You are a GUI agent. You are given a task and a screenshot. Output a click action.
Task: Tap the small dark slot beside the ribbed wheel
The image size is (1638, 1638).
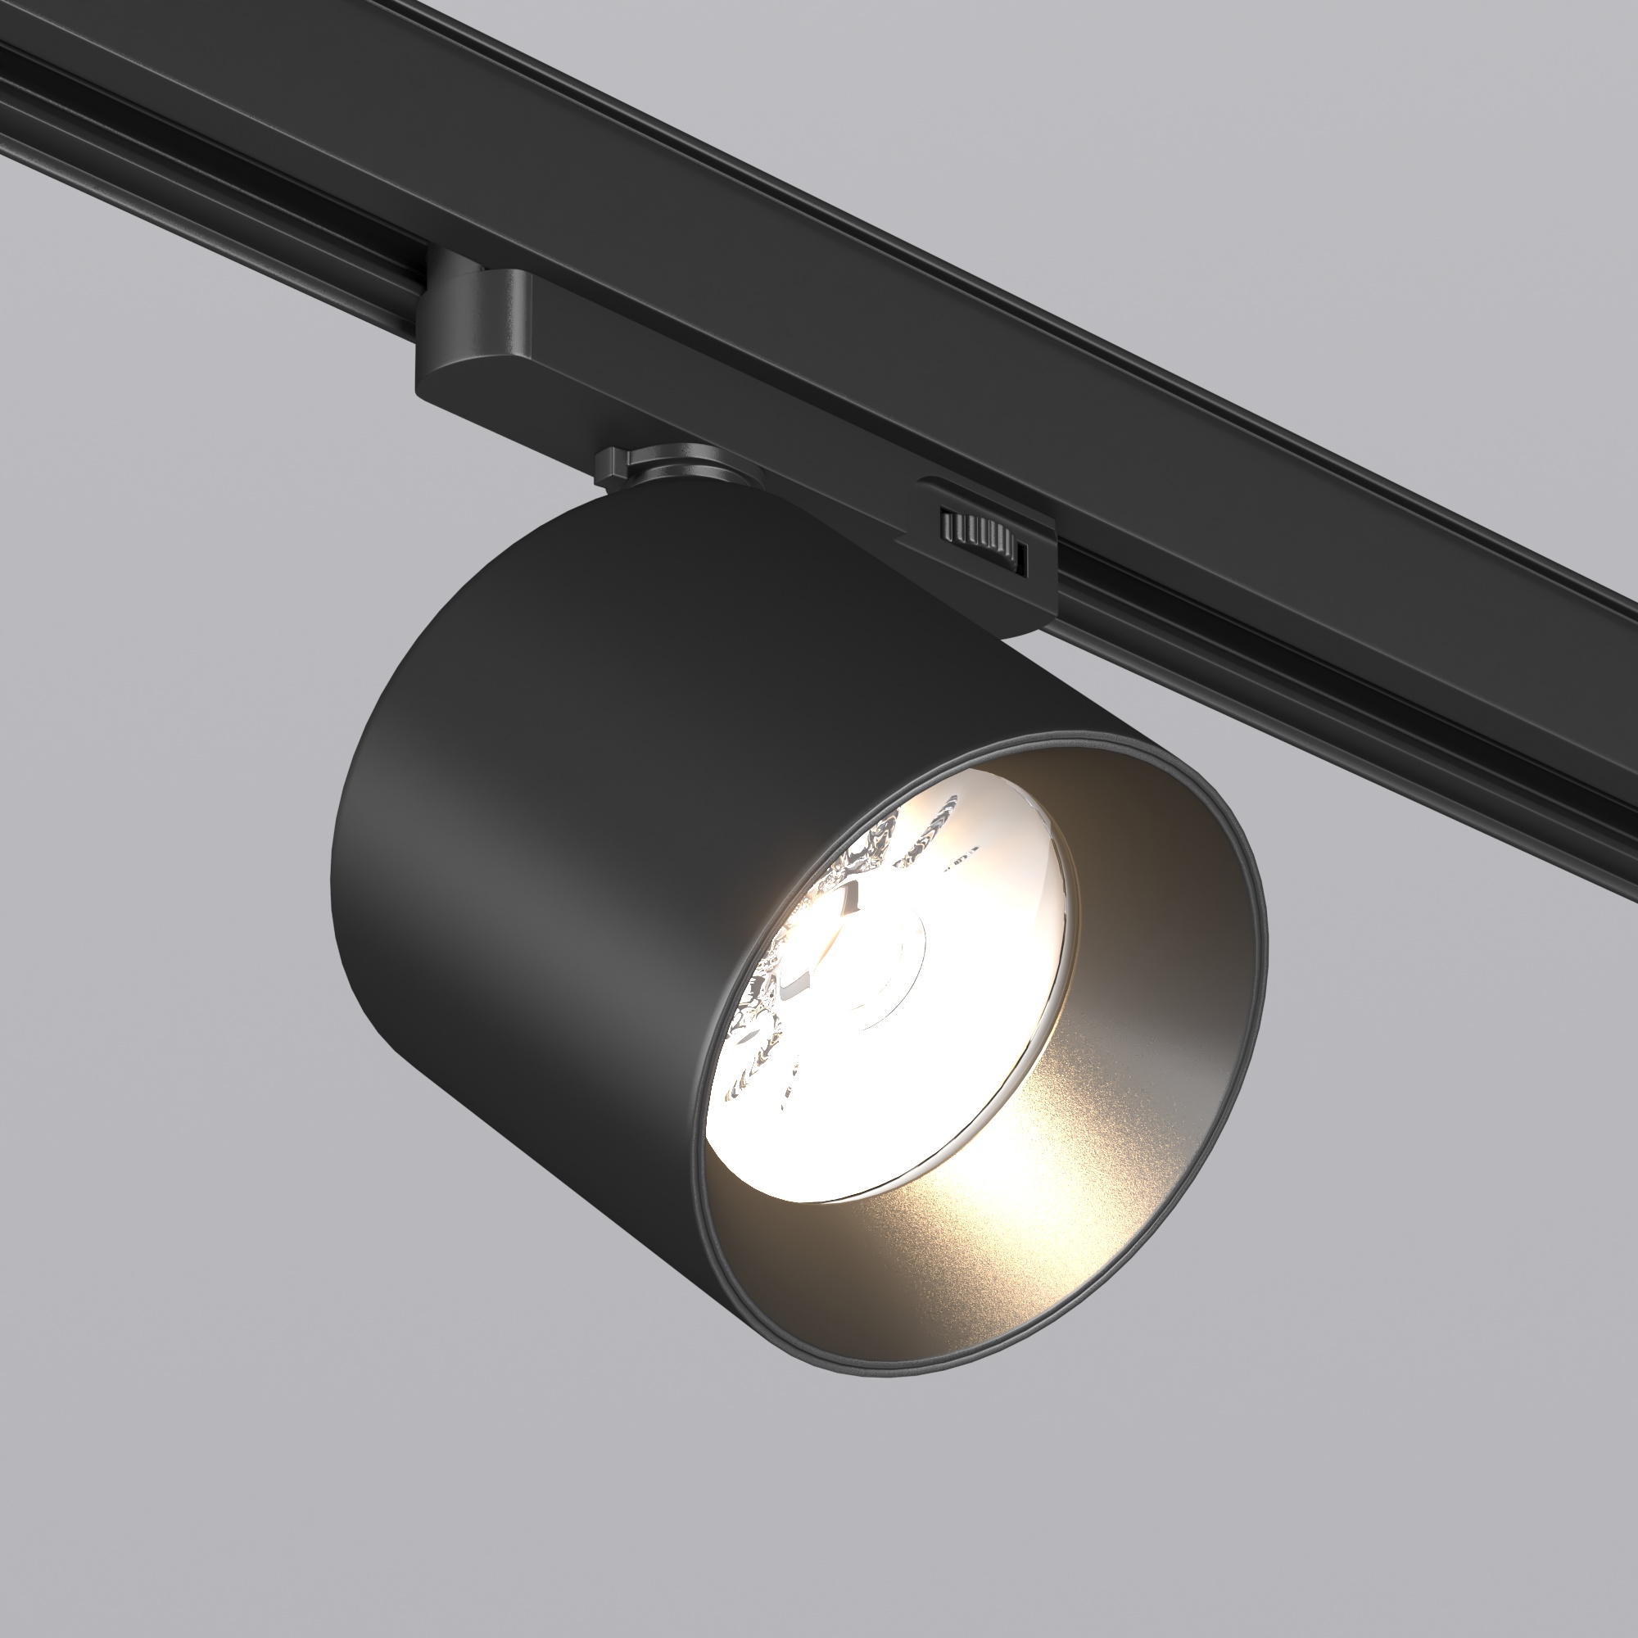[x=1022, y=557]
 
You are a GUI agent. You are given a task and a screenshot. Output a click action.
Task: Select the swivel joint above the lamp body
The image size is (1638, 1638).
[x=678, y=466]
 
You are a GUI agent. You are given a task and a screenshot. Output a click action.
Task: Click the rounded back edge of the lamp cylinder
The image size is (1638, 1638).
[x=347, y=890]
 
